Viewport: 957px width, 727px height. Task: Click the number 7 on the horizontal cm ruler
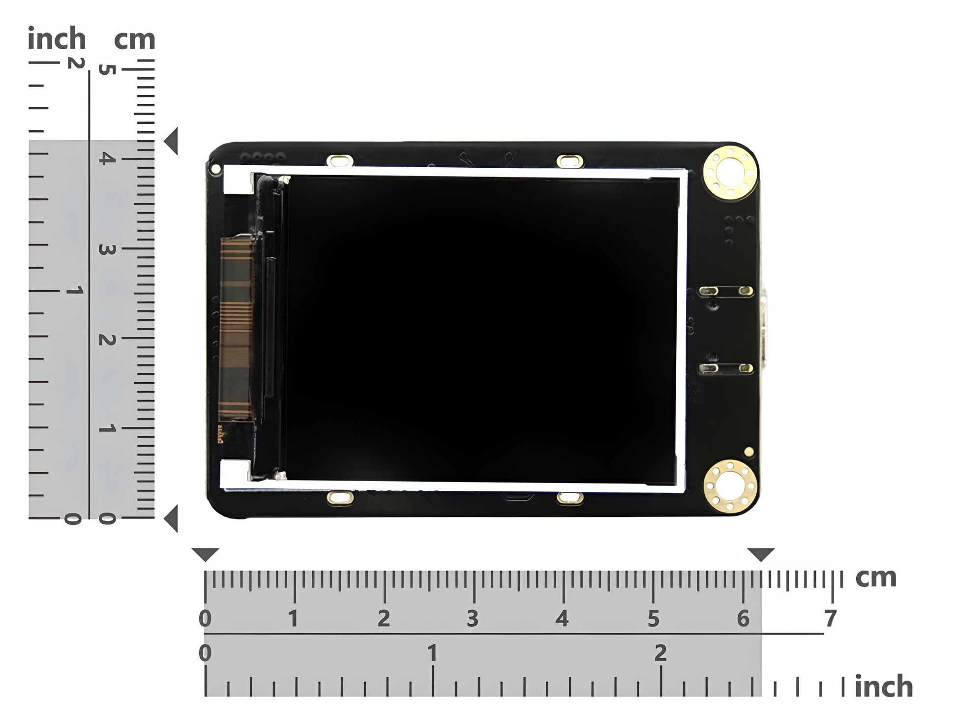[x=831, y=618]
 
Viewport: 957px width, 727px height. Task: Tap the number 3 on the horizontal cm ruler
[x=473, y=619]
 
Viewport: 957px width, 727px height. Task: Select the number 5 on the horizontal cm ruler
[x=653, y=619]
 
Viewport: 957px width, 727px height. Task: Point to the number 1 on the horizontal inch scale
[x=432, y=653]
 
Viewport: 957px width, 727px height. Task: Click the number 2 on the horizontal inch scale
[x=660, y=653]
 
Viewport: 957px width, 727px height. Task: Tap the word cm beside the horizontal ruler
[x=876, y=577]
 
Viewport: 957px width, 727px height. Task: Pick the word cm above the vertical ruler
[x=135, y=39]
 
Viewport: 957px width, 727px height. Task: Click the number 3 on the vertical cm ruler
[x=107, y=249]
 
